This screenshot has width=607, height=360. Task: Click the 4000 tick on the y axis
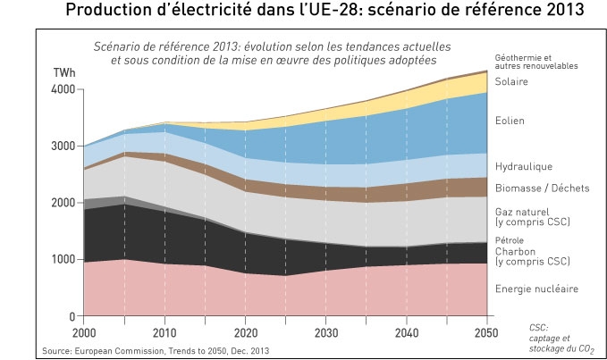tap(66, 89)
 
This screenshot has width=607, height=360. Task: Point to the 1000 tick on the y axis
tap(66, 260)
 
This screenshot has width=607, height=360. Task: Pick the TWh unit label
tap(64, 72)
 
